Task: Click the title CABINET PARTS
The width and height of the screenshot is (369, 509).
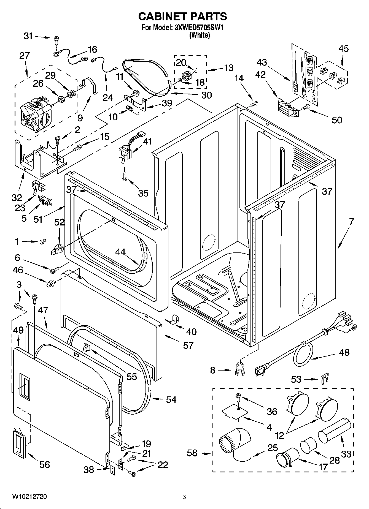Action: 182,17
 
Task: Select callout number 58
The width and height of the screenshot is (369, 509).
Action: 192,453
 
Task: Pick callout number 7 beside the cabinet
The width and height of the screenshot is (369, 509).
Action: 351,221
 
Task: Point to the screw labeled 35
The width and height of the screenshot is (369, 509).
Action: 124,176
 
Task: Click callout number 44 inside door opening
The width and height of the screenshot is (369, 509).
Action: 120,252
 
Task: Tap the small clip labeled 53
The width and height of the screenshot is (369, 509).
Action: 325,378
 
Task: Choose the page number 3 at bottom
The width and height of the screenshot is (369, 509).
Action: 184,497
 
